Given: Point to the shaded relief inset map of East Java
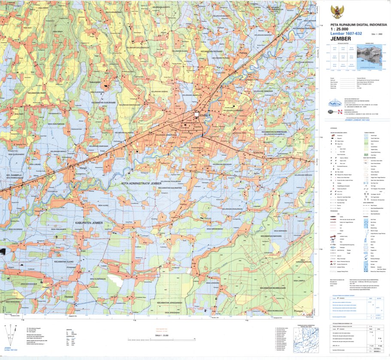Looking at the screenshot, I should [370, 57].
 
